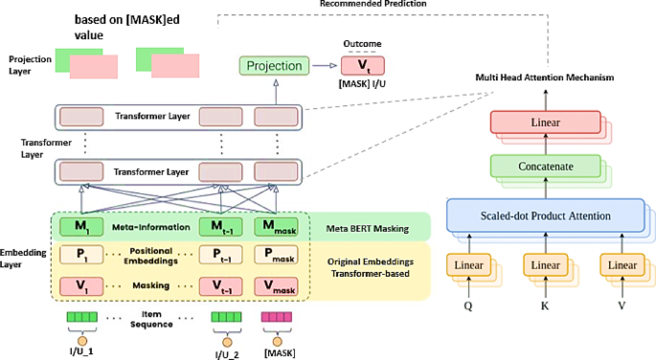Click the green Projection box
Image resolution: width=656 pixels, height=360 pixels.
click(x=274, y=66)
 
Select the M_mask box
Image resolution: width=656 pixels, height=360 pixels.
click(x=274, y=226)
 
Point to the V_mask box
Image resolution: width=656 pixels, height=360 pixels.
click(x=274, y=286)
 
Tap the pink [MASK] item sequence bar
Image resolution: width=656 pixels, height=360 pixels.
click(x=277, y=316)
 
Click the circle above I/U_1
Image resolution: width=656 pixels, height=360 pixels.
click(x=80, y=339)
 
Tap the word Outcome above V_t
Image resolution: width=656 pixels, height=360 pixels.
click(x=361, y=43)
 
